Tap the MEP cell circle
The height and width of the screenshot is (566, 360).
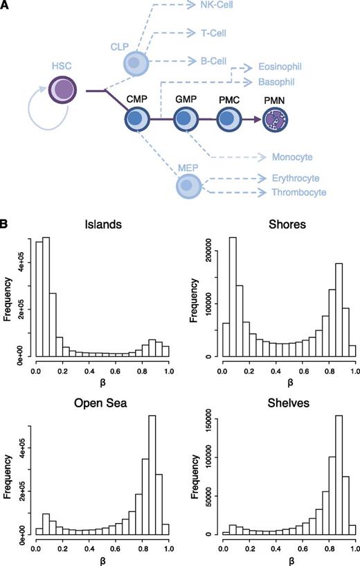coord(186,185)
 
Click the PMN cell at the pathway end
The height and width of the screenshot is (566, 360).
coord(275,120)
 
